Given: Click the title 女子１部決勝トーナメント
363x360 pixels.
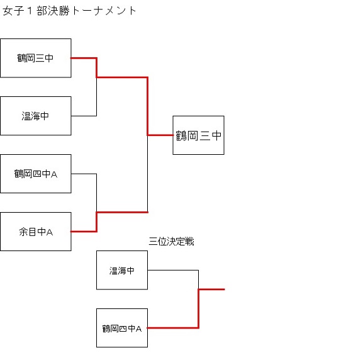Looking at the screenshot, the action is pos(69,11).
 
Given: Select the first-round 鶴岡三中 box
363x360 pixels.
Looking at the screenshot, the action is pos(36,58).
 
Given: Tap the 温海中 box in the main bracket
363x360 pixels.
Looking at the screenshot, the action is pos(36,116).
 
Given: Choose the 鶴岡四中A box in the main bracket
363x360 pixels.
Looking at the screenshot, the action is pos(36,174).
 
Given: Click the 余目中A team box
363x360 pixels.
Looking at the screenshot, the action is pos(36,232).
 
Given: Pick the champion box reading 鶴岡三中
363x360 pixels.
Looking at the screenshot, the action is pos(198,135).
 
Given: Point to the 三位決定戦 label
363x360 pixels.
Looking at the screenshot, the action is pos(171,242).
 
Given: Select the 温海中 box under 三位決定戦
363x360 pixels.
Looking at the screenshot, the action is pos(122,270).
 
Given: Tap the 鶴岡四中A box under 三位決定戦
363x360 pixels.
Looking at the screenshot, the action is pos(122,328).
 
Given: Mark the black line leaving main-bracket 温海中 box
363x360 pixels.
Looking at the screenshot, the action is pos(84,116).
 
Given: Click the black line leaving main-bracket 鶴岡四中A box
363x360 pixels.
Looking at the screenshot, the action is pos(84,174).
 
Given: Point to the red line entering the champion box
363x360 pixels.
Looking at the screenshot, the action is pos(160,135).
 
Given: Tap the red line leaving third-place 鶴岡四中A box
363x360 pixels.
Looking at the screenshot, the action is pos(173,328).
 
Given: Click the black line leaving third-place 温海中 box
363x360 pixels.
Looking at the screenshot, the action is pos(173,270).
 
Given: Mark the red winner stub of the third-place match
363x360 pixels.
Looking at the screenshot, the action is pos(211,290).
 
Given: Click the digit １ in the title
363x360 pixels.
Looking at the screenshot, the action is pos(30,11).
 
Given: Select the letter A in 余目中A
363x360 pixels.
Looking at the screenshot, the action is pos(50,232).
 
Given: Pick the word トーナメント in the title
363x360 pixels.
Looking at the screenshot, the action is pos(104,11).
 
